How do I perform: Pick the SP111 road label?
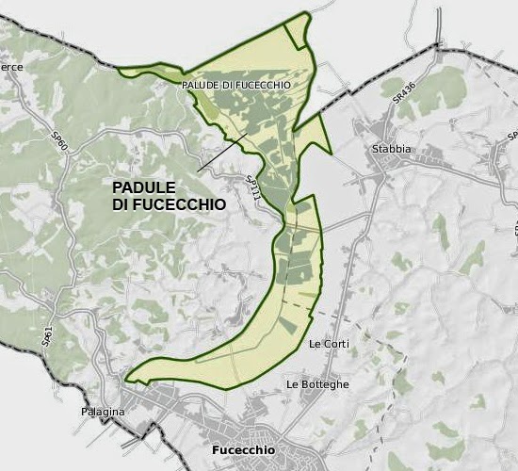coord(252,188)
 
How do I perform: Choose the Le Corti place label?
coord(329,344)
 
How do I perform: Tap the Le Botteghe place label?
coord(317,384)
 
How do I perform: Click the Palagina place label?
coord(103,411)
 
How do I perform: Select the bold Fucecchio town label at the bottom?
coord(244,451)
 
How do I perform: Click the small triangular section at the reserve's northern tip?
coord(298,32)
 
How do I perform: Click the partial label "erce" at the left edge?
coord(12,67)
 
